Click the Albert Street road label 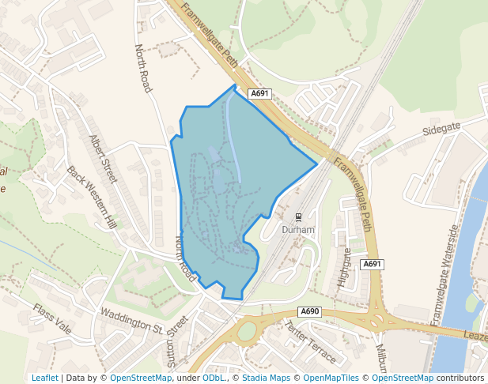(x=103, y=159)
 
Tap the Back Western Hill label (x=91, y=197)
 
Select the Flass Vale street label (x=52, y=317)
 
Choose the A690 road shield (x=310, y=311)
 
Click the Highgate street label (x=344, y=267)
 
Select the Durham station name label (x=298, y=230)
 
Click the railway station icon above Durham (x=298, y=216)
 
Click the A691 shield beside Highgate (x=373, y=264)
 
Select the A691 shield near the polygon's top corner (x=260, y=93)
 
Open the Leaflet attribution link (x=45, y=378)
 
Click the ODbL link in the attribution (x=214, y=378)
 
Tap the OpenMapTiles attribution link (x=332, y=378)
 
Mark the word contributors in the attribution (x=460, y=378)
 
